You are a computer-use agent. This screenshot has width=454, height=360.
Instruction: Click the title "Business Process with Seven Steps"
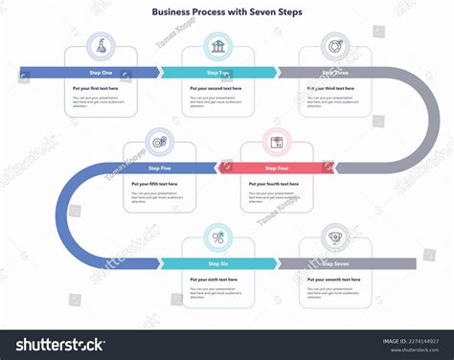point(226,12)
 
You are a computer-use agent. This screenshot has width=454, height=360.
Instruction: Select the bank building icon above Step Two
point(218,46)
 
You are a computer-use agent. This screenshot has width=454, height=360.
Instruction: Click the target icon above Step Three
point(335,45)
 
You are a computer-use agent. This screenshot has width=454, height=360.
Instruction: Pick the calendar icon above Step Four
point(277,142)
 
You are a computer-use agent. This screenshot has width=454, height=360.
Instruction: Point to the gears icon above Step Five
point(159,142)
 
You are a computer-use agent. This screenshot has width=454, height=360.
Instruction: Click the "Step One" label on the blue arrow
point(101,72)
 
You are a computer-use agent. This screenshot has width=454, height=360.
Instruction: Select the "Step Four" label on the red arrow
point(277,168)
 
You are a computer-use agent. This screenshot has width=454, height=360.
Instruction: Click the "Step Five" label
point(159,168)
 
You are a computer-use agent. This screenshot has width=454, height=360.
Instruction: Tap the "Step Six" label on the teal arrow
point(218,263)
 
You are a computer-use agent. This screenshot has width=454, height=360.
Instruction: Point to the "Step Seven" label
point(335,263)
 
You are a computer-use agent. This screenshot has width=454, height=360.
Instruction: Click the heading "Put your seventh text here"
point(334,280)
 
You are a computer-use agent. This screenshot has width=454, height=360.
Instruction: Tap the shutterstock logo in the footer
point(56,344)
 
